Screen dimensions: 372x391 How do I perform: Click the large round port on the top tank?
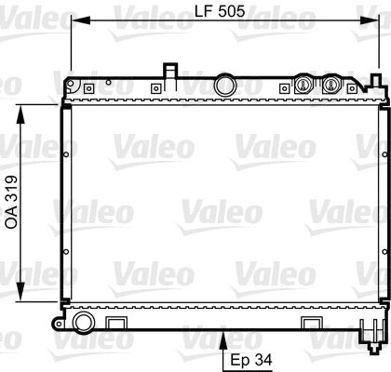(223, 86)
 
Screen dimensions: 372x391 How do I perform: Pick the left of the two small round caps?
(301, 85)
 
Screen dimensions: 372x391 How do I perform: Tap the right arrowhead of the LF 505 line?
(374, 20)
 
